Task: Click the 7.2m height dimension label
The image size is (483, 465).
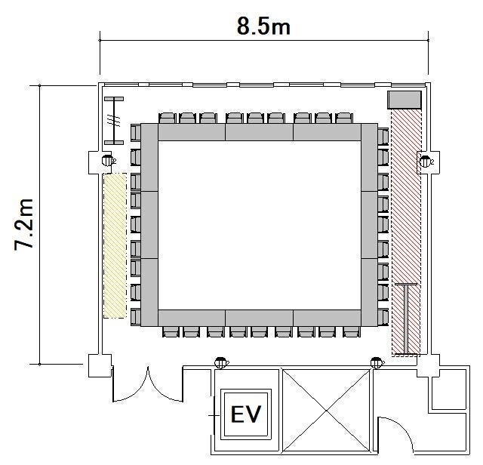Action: click(24, 225)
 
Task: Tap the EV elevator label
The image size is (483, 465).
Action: click(246, 414)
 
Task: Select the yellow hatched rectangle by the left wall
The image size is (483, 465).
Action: click(115, 246)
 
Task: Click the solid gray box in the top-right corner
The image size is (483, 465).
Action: click(405, 100)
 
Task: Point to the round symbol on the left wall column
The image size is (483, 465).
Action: click(106, 161)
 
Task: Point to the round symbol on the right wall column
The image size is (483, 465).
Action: click(425, 161)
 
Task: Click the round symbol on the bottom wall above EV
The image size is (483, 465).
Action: click(220, 363)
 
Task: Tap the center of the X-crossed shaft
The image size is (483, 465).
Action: click(326, 411)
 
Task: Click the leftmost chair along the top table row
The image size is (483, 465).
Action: click(168, 118)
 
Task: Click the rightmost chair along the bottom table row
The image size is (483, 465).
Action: click(352, 332)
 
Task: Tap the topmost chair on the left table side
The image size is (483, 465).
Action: click(136, 133)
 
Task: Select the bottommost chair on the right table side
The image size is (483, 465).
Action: click(383, 317)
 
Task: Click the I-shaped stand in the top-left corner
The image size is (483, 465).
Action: click(114, 121)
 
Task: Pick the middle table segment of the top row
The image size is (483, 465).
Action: click(260, 132)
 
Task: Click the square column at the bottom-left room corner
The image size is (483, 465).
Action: click(100, 365)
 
